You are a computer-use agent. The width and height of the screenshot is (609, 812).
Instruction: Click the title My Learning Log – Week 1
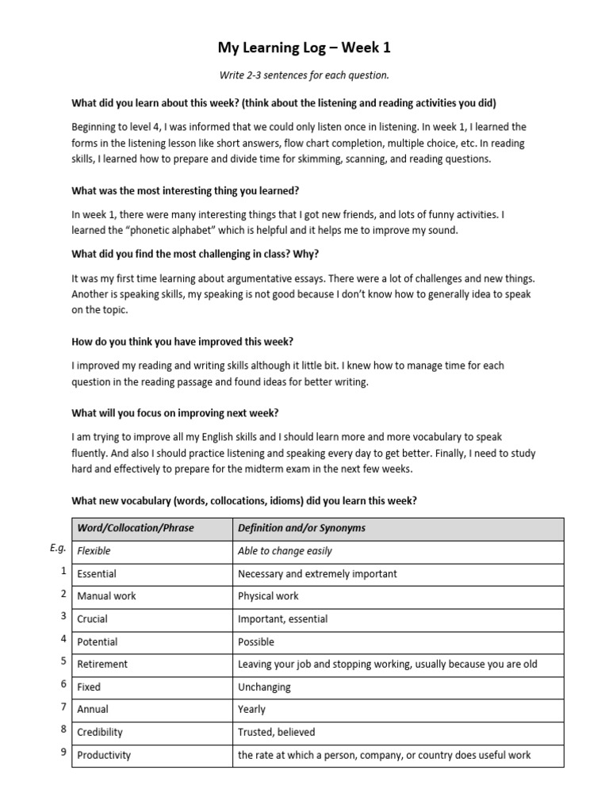304,48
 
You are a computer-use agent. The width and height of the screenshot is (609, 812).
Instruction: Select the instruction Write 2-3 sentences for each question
304,75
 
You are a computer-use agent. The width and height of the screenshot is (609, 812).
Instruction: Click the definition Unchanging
264,687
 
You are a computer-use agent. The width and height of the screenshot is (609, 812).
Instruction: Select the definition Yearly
251,709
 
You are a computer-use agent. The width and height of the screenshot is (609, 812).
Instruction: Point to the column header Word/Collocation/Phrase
135,528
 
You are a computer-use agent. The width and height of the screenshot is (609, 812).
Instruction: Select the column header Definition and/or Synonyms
301,528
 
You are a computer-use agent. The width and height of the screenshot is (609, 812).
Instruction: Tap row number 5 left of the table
63,661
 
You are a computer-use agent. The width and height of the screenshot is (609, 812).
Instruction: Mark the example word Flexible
94,550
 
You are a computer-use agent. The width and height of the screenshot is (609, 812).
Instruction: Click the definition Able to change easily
285,550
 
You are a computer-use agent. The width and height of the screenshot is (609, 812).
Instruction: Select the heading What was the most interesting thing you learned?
186,191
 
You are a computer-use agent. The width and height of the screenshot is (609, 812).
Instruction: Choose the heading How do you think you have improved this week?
182,342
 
